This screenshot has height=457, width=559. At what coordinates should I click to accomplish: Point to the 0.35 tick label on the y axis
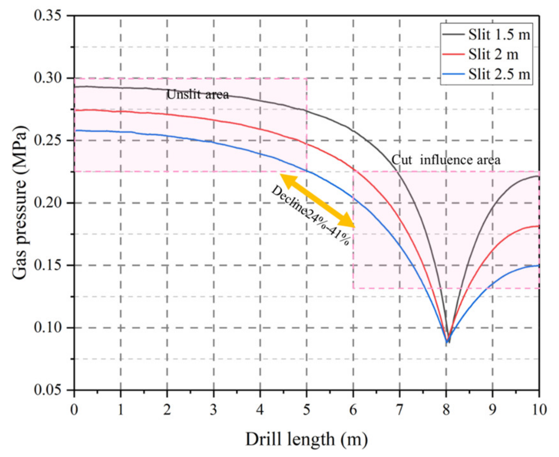coord(48,16)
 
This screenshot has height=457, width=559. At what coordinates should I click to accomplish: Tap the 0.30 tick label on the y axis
coord(48,78)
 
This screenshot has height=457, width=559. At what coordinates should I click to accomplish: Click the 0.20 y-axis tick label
coord(48,203)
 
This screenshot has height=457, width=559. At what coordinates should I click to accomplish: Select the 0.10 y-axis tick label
coord(48,328)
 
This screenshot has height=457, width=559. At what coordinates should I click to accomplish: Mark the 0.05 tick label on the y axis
coord(48,390)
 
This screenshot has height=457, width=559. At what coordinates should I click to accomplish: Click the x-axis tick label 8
coord(446,409)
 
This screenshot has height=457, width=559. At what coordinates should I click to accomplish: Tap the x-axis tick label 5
coord(307,409)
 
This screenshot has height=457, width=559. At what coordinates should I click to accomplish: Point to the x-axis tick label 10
coord(539,409)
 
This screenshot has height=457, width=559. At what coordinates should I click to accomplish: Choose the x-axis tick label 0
coord(74,409)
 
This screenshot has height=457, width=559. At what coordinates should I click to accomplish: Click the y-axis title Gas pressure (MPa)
coord(20,203)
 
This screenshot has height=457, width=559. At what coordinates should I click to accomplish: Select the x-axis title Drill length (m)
coord(306,440)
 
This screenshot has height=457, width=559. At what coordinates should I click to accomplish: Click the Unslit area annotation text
coord(198,94)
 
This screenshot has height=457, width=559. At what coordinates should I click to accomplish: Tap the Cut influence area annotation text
coord(446,160)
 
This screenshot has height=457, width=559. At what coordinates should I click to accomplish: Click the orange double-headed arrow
coord(317,201)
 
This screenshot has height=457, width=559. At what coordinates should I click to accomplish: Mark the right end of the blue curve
coord(539,266)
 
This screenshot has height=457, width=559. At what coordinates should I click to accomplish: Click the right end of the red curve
coord(539,226)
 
